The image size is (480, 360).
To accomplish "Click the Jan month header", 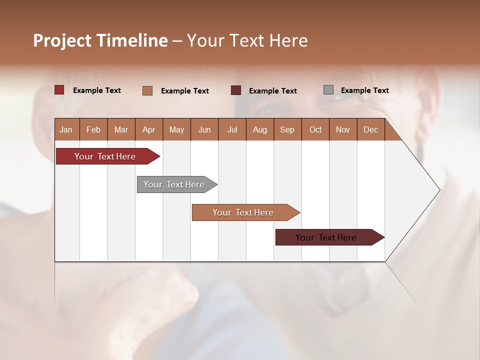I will coord(66,129).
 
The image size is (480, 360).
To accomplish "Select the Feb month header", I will coord(93,129).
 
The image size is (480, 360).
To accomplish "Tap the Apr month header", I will coord(148,129).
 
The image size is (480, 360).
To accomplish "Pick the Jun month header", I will coord(204,129).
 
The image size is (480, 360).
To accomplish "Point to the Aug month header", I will coord(259,129).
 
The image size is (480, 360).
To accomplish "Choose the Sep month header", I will coord(287,129).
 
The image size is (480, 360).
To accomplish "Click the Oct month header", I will coord(315,129).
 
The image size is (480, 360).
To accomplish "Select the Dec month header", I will coord(370,129).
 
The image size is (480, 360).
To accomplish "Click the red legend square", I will coord(59,90).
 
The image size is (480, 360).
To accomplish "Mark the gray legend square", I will coord(328,90).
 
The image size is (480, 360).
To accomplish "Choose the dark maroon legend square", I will coord(236,90).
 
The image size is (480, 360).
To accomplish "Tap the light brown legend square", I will coord(147,90).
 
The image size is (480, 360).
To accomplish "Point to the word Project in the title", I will coord(61,40).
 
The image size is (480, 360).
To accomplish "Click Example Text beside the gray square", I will coord(364,90).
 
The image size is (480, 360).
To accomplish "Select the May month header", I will coord(176,129).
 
